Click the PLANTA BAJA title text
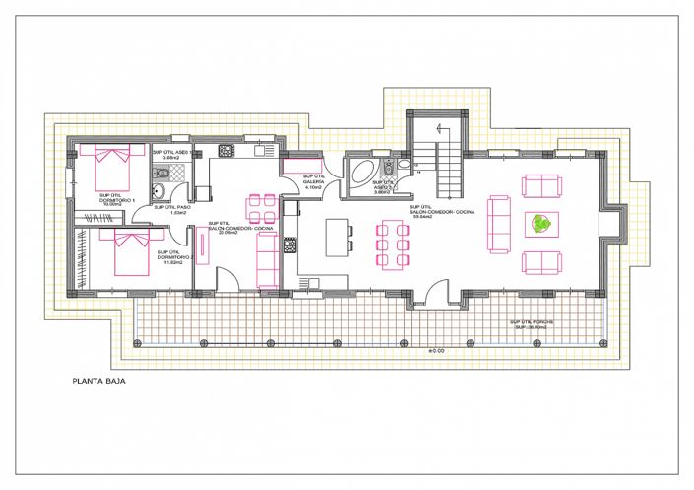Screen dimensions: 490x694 pyautogui.click(x=97, y=378)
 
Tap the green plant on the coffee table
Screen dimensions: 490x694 pyautogui.click(x=540, y=224)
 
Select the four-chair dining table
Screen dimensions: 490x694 pyautogui.click(x=262, y=208)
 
